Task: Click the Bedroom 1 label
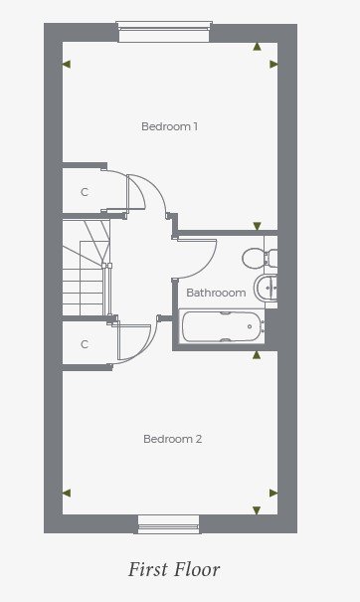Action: click(x=169, y=126)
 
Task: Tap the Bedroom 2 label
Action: click(x=172, y=439)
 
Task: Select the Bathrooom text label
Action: click(x=216, y=293)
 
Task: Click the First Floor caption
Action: click(x=174, y=569)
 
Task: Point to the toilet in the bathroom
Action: click(x=260, y=258)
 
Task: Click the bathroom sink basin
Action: click(x=266, y=288)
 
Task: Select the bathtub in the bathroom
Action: click(x=222, y=326)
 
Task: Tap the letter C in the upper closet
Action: click(x=85, y=192)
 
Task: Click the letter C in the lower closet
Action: click(x=85, y=344)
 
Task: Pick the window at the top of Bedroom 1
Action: click(x=164, y=32)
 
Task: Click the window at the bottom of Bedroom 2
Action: click(x=169, y=524)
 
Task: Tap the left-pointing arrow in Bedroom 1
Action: click(x=67, y=64)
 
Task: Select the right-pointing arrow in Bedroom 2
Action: click(x=273, y=493)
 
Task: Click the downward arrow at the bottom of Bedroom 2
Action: click(x=257, y=510)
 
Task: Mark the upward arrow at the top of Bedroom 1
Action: click(x=257, y=47)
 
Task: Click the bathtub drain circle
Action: click(x=250, y=326)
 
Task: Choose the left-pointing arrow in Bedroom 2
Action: click(x=67, y=493)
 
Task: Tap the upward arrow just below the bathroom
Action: click(x=257, y=355)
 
